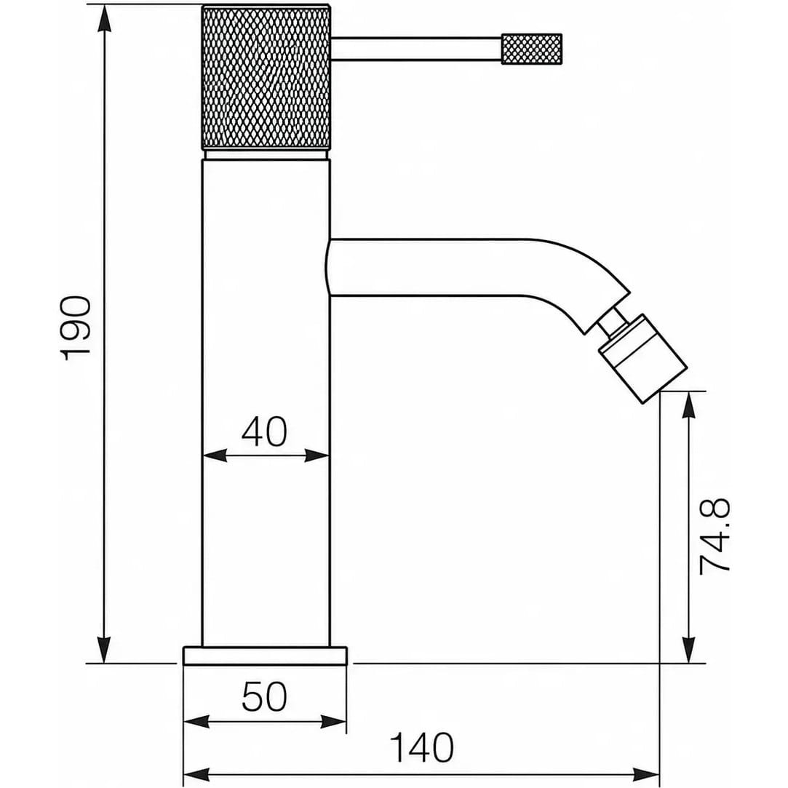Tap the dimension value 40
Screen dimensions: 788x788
point(264,431)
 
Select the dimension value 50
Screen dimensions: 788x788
point(264,696)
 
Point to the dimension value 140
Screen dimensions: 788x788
point(422,748)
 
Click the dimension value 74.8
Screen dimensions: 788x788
point(715,537)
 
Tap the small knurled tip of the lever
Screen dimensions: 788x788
point(532,49)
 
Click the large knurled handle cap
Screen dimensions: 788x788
point(266,77)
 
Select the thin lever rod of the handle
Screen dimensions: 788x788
point(417,49)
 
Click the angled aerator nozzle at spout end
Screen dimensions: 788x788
point(642,358)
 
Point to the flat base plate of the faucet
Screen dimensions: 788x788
point(266,656)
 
